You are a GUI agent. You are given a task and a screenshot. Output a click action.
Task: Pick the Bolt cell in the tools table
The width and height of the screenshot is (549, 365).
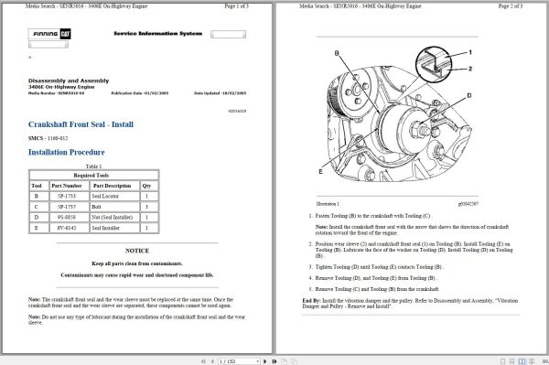(99, 207)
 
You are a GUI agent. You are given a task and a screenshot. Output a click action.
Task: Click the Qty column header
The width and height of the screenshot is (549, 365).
(147, 185)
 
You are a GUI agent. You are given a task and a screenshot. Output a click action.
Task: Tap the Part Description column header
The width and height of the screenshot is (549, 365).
(111, 185)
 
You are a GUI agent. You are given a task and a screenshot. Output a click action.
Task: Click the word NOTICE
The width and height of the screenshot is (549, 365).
(137, 250)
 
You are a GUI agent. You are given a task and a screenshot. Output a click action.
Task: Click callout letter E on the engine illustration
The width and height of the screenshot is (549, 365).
(320, 171)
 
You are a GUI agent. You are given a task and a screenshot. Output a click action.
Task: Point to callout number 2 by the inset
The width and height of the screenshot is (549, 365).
(469, 69)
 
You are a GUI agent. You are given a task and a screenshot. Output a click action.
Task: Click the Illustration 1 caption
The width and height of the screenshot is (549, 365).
(328, 204)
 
